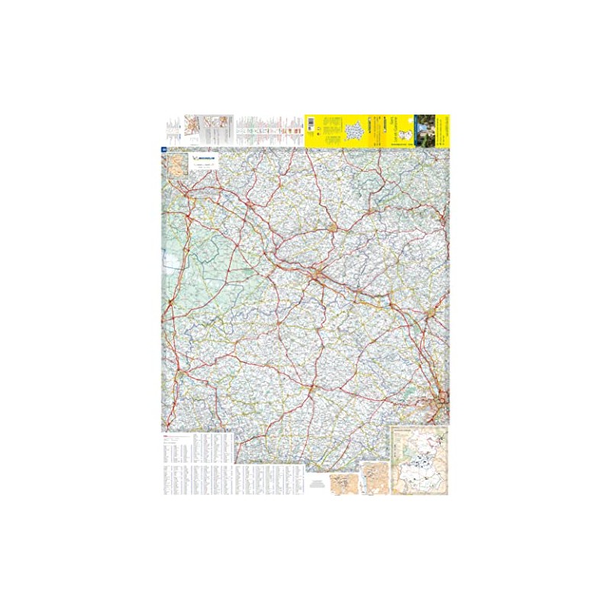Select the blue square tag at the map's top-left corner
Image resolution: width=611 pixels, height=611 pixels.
[164, 149]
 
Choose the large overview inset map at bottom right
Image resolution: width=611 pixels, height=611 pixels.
[419, 459]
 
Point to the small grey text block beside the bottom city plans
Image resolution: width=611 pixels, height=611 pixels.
[317, 485]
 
